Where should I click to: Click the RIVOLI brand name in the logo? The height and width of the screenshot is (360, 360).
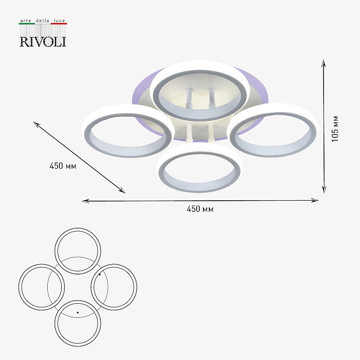(43, 41)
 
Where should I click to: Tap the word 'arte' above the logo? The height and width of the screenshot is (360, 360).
(26, 21)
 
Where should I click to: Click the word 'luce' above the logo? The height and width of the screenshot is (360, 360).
(59, 20)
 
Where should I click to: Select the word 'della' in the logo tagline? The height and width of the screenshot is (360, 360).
(42, 20)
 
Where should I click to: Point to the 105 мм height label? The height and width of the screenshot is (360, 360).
(335, 129)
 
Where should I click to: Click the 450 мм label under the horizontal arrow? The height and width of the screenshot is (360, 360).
(200, 209)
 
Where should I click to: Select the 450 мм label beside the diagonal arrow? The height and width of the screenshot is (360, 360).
(63, 166)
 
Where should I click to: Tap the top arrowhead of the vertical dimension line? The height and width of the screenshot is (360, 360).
(324, 63)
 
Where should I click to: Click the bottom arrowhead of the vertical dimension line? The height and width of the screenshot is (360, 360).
(324, 190)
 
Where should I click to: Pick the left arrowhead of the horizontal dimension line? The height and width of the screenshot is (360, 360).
(85, 201)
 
